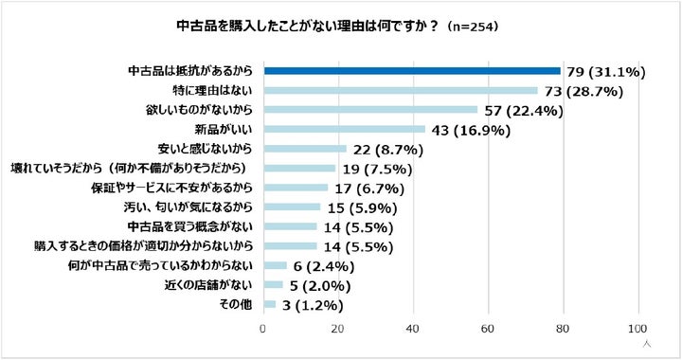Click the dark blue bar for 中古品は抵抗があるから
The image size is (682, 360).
[412, 71]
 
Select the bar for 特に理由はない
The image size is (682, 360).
[401, 90]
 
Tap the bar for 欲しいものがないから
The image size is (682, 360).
[370, 110]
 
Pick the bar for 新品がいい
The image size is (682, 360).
[345, 129]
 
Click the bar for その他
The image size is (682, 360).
[270, 304]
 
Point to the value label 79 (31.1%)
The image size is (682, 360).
[606, 72]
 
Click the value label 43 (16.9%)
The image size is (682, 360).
[471, 130]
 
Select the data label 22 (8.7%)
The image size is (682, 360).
[388, 150]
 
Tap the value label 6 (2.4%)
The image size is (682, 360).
[324, 266]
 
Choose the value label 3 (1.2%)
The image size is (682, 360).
[313, 305]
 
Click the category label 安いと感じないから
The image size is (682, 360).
[205, 149]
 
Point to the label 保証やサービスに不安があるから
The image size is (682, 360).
[171, 188]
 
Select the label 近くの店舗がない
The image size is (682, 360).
[208, 285]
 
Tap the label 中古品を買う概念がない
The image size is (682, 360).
[190, 226]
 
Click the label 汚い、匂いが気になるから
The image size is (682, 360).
[188, 207]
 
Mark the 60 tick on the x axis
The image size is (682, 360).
[488, 329]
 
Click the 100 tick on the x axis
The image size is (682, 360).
[638, 329]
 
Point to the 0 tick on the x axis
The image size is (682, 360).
[262, 329]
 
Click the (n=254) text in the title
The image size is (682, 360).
[472, 27]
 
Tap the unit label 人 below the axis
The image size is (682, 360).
[647, 344]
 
